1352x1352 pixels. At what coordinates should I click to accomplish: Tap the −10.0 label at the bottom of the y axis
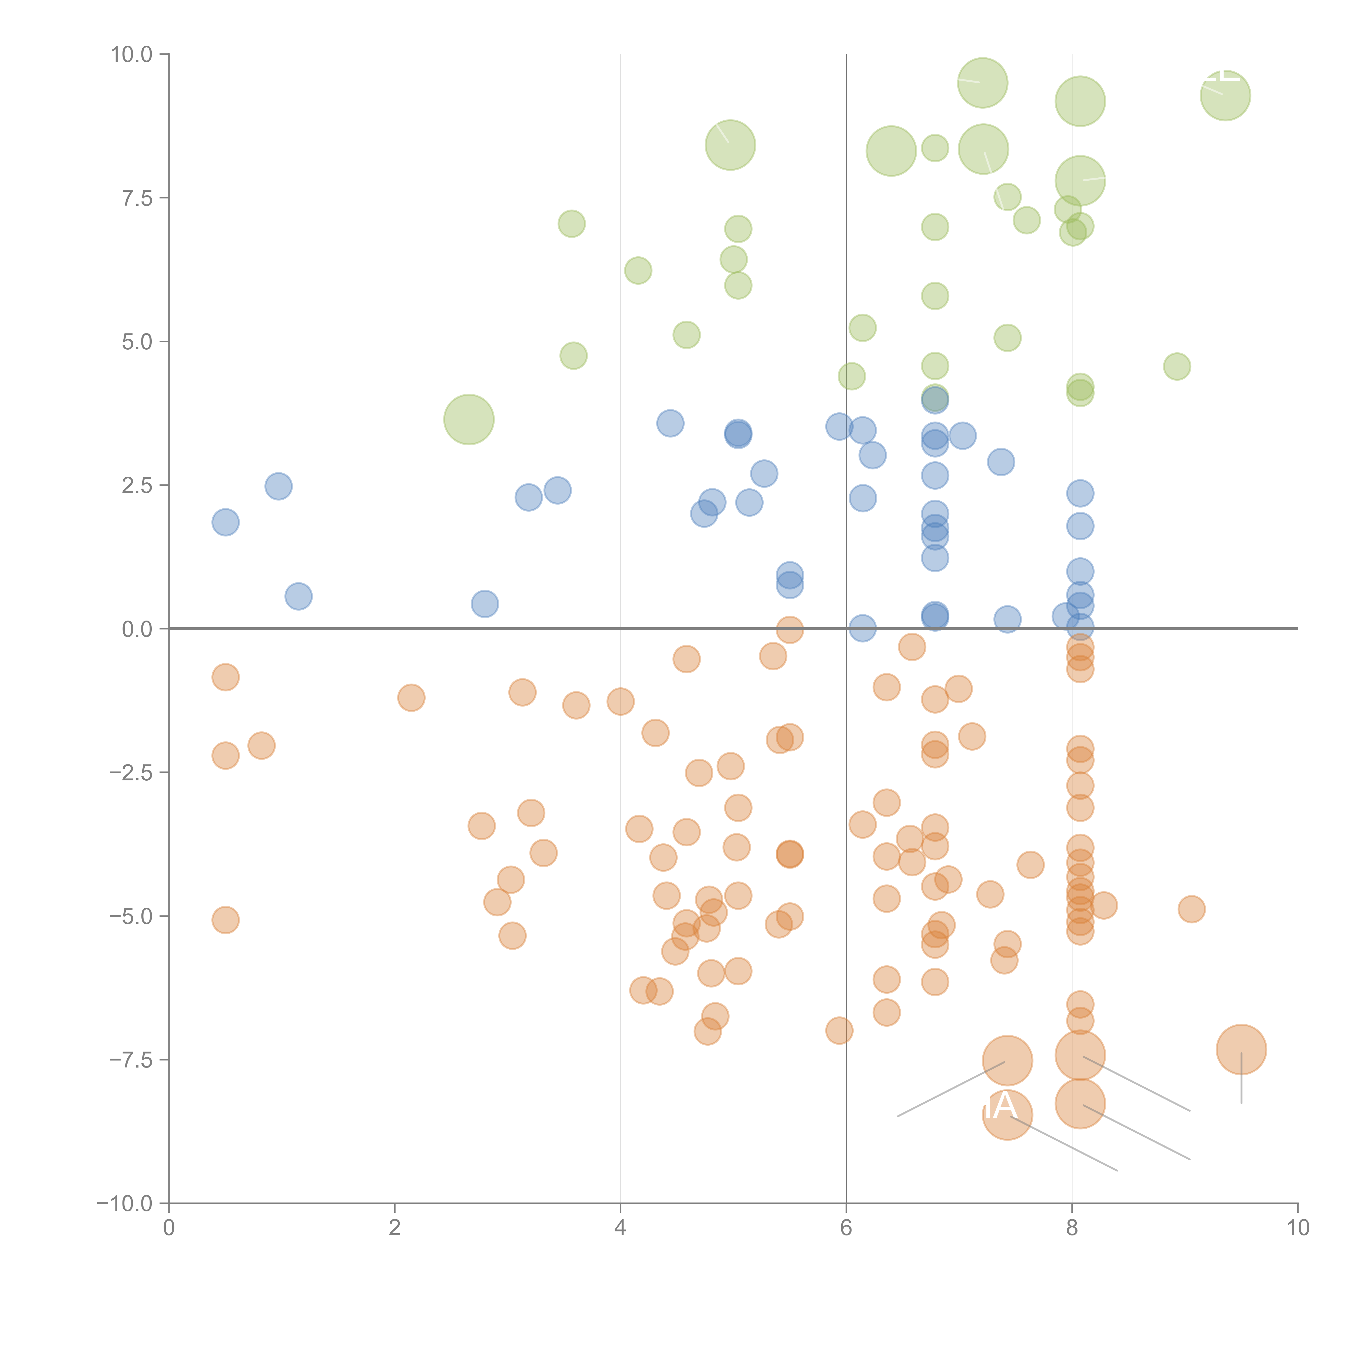[125, 1204]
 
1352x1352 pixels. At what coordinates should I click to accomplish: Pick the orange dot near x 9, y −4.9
[1191, 909]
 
